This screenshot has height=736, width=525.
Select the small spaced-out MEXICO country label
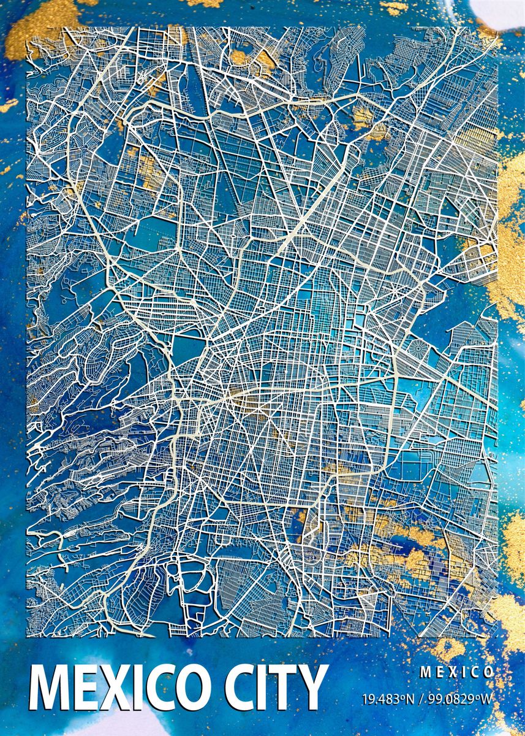(456, 672)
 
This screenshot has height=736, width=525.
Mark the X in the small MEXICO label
(450, 672)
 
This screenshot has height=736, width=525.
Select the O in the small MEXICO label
(489, 672)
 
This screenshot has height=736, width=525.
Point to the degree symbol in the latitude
(399, 696)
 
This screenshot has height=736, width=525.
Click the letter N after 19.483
(406, 699)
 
